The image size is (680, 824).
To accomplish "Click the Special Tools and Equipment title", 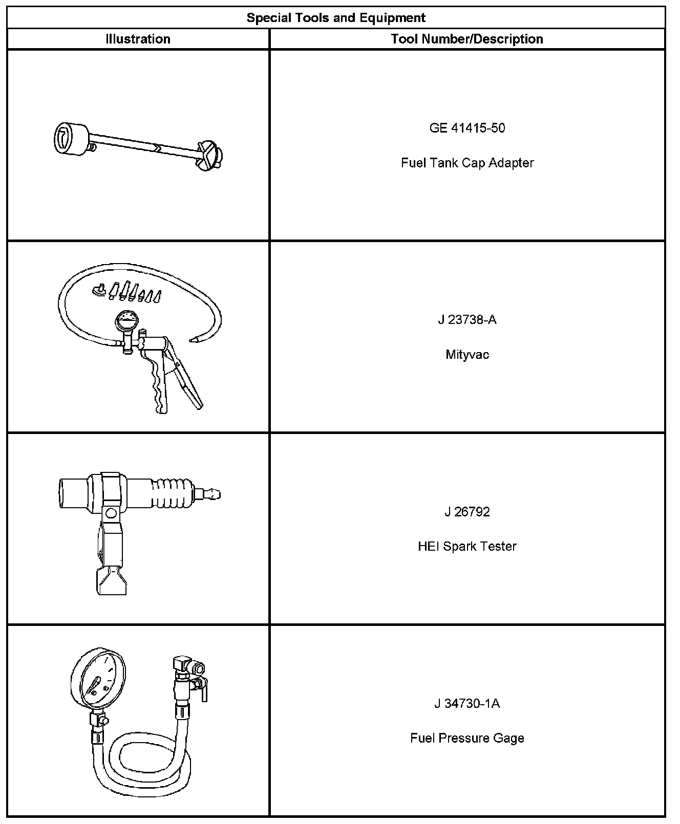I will point(336,18).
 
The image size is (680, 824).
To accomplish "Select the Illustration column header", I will point(138,39).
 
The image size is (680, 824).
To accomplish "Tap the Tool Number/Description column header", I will point(467,39).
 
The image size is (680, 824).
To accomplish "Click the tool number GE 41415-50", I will point(467,128).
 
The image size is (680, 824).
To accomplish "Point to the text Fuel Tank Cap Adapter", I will point(467,163).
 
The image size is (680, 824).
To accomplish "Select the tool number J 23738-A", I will point(467,320).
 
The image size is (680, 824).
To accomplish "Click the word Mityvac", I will point(467,355).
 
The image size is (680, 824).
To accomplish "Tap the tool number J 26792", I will point(467,512).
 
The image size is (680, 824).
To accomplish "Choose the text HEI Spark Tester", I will point(467,546).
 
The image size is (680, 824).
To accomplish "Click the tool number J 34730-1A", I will point(467,703).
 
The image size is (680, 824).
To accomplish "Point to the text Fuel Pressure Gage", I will point(467,738).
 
